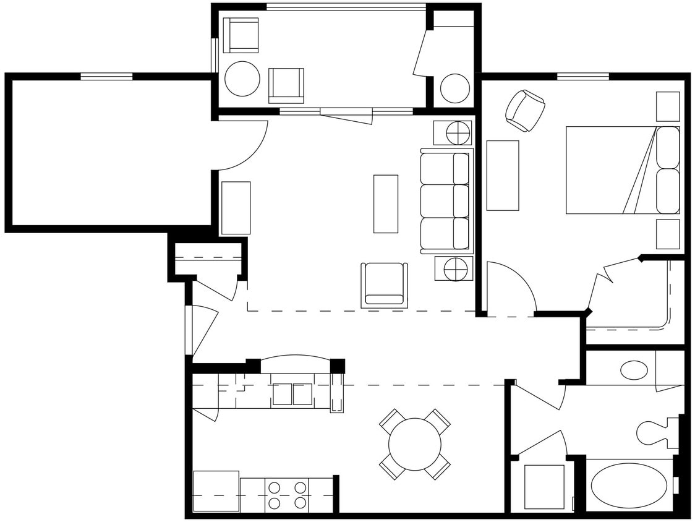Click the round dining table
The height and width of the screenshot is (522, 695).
point(414,443)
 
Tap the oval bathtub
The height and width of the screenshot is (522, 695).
point(628,486)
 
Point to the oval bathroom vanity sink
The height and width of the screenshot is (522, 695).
point(634,370)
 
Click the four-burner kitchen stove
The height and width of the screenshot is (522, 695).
point(287,495)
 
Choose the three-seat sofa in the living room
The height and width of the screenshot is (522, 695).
point(445,201)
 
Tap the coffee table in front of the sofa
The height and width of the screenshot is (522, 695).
point(385,203)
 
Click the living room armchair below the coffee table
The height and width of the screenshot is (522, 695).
point(384,285)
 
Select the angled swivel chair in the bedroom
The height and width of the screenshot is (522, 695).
point(525,111)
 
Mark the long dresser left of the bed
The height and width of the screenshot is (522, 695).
point(502,175)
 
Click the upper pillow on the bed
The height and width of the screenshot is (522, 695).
point(668,147)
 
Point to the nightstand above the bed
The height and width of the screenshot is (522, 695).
point(667,106)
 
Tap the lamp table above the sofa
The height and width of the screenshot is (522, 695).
point(453,132)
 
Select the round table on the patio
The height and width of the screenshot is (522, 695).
point(242,79)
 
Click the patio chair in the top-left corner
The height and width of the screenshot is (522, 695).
point(241,35)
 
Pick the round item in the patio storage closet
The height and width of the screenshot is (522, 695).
point(454,88)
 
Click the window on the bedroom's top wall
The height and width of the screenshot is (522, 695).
point(582,77)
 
